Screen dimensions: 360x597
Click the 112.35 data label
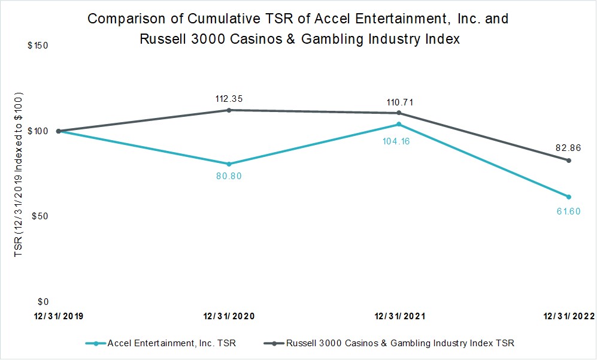pos(229,99)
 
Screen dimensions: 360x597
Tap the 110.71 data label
pos(400,102)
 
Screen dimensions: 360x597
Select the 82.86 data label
pos(568,148)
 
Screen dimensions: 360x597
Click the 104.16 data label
pos(396,141)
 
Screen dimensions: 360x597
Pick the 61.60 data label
pos(568,211)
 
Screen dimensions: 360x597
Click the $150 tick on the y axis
pos(38,46)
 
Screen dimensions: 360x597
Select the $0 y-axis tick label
pos(43,302)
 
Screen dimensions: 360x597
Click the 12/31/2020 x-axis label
pos(229,316)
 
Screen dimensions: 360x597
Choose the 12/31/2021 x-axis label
pos(400,316)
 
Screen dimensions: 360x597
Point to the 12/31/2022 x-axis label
pos(568,316)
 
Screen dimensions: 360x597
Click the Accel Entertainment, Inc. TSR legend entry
pos(171,343)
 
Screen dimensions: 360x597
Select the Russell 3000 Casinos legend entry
pos(400,343)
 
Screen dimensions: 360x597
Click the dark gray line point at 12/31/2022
pos(568,161)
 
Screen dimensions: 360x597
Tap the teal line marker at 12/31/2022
pos(568,196)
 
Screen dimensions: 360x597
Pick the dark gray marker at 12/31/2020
pos(229,110)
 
